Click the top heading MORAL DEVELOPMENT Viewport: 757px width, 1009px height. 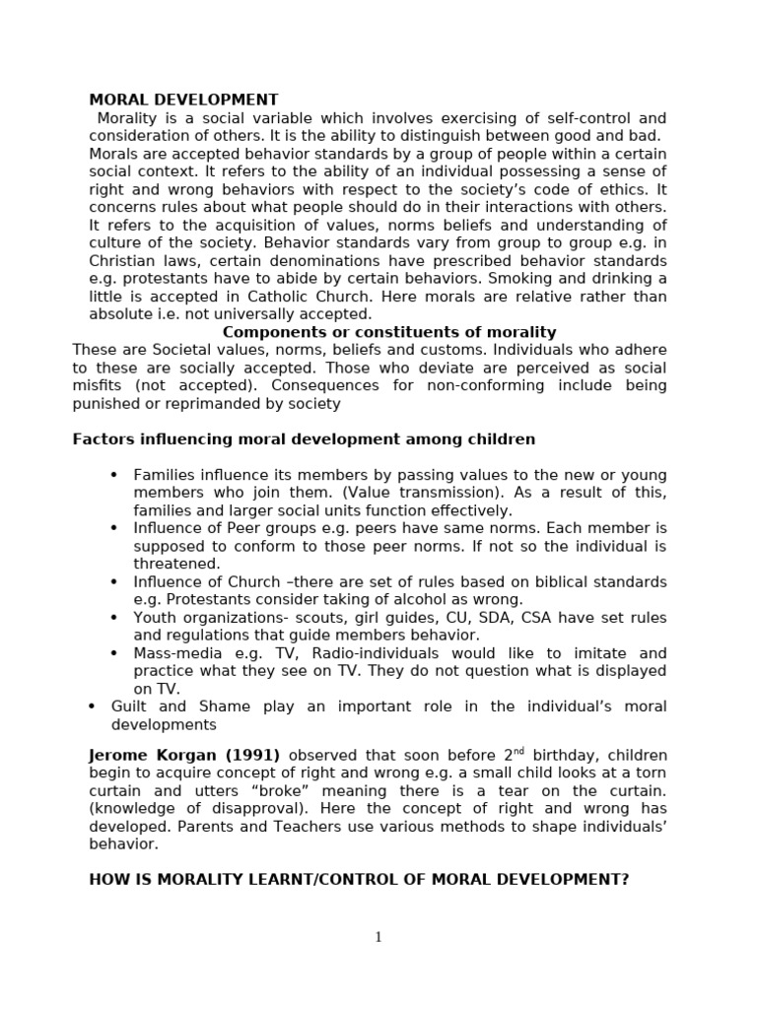(183, 100)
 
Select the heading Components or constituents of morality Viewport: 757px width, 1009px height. (389, 332)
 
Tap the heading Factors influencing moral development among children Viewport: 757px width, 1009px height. (304, 438)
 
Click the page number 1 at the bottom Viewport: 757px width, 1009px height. (378, 937)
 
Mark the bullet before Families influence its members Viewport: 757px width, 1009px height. (114, 475)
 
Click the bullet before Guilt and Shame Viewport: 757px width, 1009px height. (92, 706)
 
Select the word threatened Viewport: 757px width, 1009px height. (177, 564)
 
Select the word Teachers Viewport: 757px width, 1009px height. (272, 827)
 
